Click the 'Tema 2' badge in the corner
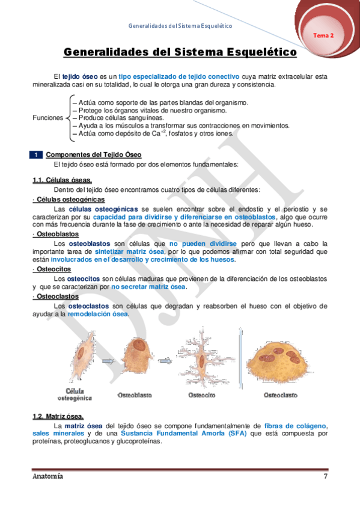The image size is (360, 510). coord(323,35)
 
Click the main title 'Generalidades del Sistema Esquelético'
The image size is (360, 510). coord(180,53)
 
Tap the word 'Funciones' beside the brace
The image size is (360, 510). coord(47,118)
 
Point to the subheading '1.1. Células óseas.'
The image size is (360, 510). coord(62,180)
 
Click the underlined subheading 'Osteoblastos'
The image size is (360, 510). coord(57,233)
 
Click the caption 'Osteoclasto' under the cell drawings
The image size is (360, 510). coord(281,395)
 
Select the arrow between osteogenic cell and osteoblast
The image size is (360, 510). coord(109,361)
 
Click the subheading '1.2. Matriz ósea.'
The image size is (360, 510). coord(58,417)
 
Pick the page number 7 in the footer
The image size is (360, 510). coord(325,476)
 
